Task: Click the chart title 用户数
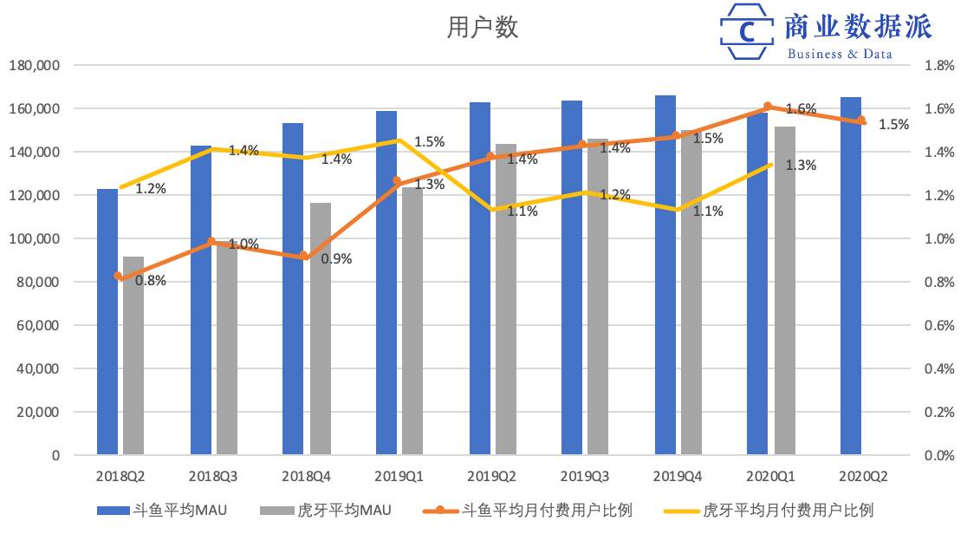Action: (x=483, y=29)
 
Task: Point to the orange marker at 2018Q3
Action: (x=212, y=242)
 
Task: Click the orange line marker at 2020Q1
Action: (x=768, y=107)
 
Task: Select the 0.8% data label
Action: (x=150, y=280)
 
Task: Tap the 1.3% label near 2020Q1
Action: (x=801, y=166)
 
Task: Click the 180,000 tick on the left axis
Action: (x=34, y=65)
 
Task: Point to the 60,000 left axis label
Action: (x=37, y=325)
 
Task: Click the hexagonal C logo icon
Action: (x=747, y=32)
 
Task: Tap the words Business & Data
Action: (x=840, y=54)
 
